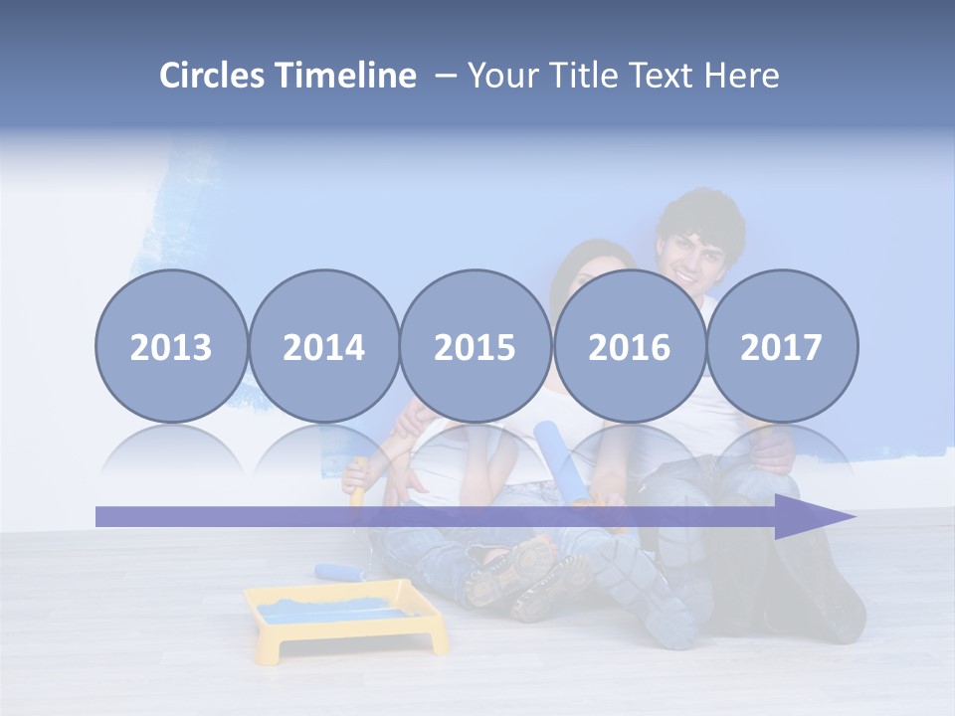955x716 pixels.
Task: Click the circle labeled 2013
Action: pos(171,346)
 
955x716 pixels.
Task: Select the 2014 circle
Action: pos(323,346)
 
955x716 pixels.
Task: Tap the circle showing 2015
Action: pos(476,346)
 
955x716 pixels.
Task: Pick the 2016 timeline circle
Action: pos(630,346)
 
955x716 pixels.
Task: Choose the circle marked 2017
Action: pos(782,346)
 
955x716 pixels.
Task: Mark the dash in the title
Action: pos(445,76)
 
